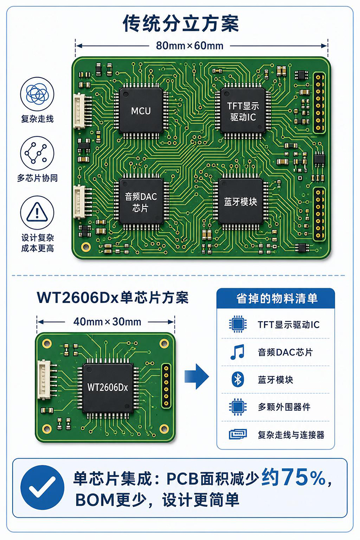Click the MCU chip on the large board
141,111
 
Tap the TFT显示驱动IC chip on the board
243,111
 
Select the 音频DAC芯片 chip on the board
141,202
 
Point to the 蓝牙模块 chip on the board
241,202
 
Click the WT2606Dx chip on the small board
108,387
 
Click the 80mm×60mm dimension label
189,45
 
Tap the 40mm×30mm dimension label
107,322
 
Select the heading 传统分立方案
180,23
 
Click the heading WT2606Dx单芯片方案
112,297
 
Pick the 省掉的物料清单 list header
277,298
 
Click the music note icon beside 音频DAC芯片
238,352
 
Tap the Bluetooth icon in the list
238,379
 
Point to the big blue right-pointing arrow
197,376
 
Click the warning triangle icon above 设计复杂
37,212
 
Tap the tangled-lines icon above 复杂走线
37,94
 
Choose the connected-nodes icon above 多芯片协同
37,153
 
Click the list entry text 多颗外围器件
284,407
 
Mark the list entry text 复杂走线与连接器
291,435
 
